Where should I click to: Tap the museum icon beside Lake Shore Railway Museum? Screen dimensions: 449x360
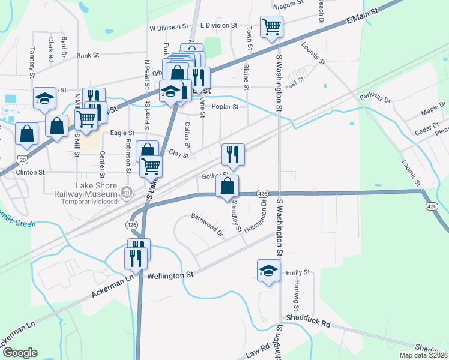(126, 192)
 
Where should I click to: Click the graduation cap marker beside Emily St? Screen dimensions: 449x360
(268, 270)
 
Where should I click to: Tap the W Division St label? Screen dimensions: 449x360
(169, 28)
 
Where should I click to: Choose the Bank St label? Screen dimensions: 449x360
(88, 55)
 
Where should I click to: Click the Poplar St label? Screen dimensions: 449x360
(226, 107)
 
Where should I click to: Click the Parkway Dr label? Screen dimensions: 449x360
(375, 97)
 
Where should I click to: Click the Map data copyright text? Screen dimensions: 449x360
(423, 355)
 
